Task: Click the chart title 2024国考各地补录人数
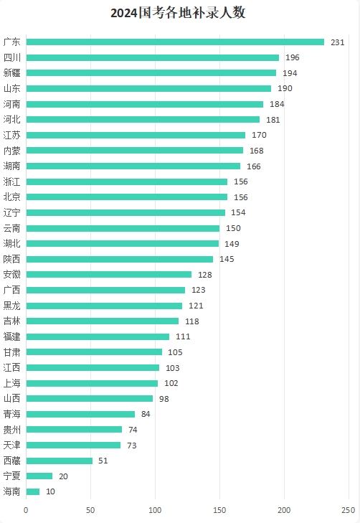pos(178,13)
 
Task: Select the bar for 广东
pos(175,42)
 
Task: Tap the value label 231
pos(337,42)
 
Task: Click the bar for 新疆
pos(151,73)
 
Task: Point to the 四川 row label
pos(12,57)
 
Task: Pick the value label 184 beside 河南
pos(277,104)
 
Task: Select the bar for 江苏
pos(136,135)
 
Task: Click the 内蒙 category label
pos(12,151)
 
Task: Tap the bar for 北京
pos(127,197)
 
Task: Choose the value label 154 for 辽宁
pos(238,212)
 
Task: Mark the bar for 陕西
pos(120,259)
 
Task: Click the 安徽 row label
pos(12,275)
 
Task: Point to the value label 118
pos(192,321)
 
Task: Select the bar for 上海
pos(92,383)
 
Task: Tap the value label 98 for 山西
pos(164,399)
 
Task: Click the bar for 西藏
pos(60,461)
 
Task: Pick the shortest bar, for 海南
pos(33,491)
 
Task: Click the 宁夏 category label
pos(12,476)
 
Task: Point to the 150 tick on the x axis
pos(219,510)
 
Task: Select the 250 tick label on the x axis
pos(349,510)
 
